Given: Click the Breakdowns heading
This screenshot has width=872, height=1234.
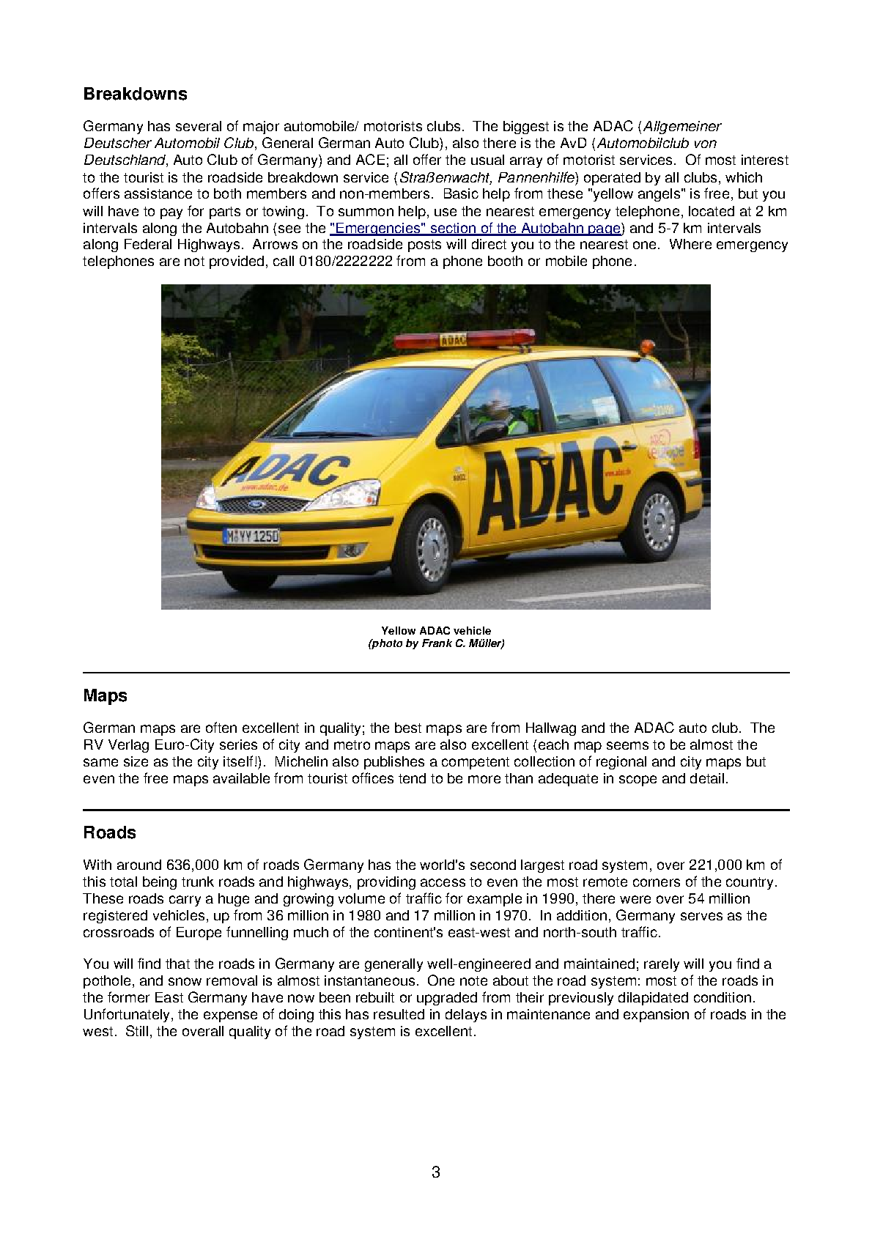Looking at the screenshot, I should tap(135, 94).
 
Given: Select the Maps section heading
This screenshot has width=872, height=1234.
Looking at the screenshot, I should tap(105, 695).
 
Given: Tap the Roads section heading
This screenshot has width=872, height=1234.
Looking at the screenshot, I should tap(109, 832).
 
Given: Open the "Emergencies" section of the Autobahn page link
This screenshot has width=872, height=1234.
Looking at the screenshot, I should tap(476, 228).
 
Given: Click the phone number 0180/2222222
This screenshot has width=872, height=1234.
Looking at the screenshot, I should tap(346, 262).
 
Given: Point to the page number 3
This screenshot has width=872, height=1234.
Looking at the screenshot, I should tap(436, 1172).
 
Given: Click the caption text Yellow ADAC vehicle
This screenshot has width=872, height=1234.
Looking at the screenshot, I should tap(436, 630).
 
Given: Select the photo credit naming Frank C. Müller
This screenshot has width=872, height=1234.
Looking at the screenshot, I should tap(436, 643).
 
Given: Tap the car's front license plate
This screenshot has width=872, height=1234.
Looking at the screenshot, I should tap(251, 536).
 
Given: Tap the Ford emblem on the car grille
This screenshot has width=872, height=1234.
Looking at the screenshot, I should tap(256, 505).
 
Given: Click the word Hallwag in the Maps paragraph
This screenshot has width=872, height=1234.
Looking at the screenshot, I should tap(550, 728).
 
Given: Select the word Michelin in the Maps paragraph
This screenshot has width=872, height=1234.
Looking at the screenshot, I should tap(301, 761).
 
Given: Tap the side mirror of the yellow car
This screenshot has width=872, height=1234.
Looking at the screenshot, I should tap(489, 431).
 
